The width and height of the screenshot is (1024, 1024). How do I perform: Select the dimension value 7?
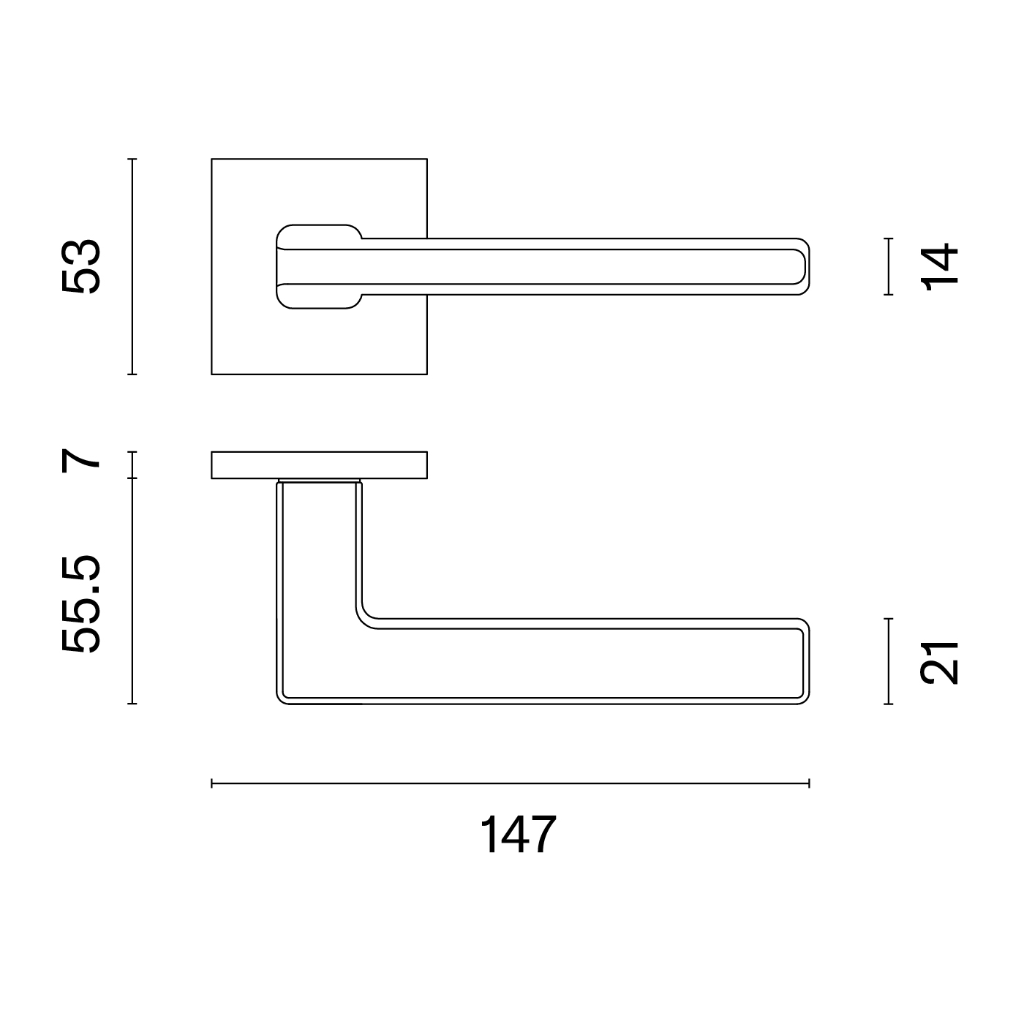click(80, 461)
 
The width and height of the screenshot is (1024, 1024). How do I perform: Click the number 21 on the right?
click(939, 663)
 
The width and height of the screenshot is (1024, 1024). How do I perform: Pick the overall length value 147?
click(518, 835)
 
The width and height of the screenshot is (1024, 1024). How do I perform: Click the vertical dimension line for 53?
click(132, 267)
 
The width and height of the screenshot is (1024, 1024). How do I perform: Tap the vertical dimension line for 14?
click(888, 266)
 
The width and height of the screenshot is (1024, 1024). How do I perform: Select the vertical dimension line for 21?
click(888, 661)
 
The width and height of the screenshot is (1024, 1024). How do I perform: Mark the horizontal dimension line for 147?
click(510, 783)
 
